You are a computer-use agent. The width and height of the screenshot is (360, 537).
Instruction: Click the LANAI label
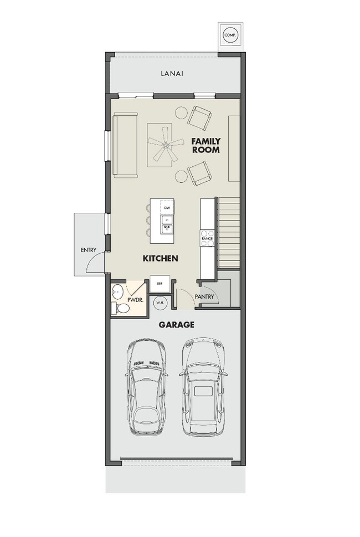tap(172, 73)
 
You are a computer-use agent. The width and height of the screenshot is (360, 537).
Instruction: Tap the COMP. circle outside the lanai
tap(229, 35)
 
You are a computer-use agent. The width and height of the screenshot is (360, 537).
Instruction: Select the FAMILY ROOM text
tap(205, 145)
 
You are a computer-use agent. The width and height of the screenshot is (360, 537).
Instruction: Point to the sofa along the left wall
tap(125, 145)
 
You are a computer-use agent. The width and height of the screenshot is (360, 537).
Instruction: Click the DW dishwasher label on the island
tap(166, 207)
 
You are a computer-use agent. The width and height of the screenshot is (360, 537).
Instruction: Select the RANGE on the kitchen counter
tap(207, 238)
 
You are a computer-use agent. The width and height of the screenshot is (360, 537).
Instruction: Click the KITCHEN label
tap(160, 258)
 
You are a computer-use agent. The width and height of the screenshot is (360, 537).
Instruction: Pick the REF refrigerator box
tap(159, 283)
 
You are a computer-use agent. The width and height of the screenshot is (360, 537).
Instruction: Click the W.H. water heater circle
tap(160, 303)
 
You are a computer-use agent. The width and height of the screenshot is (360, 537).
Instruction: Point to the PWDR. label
tap(136, 300)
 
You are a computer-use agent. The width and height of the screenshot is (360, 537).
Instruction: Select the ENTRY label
tap(89, 250)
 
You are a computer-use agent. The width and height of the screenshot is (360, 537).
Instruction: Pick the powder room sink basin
tap(117, 290)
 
